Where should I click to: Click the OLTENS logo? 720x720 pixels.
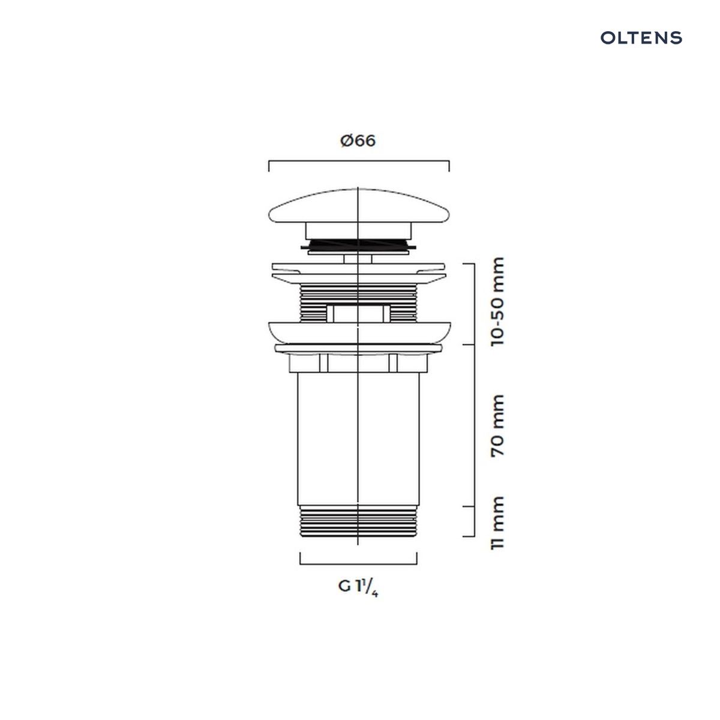pos(641,38)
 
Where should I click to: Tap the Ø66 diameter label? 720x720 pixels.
pos(358,141)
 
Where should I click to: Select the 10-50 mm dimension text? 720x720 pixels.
pos(497,302)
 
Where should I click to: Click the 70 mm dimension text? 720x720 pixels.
pos(497,425)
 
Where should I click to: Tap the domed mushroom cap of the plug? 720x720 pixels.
pos(359,206)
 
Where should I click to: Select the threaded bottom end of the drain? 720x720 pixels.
pos(358,521)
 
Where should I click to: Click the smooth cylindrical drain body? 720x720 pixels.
pos(358,439)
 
